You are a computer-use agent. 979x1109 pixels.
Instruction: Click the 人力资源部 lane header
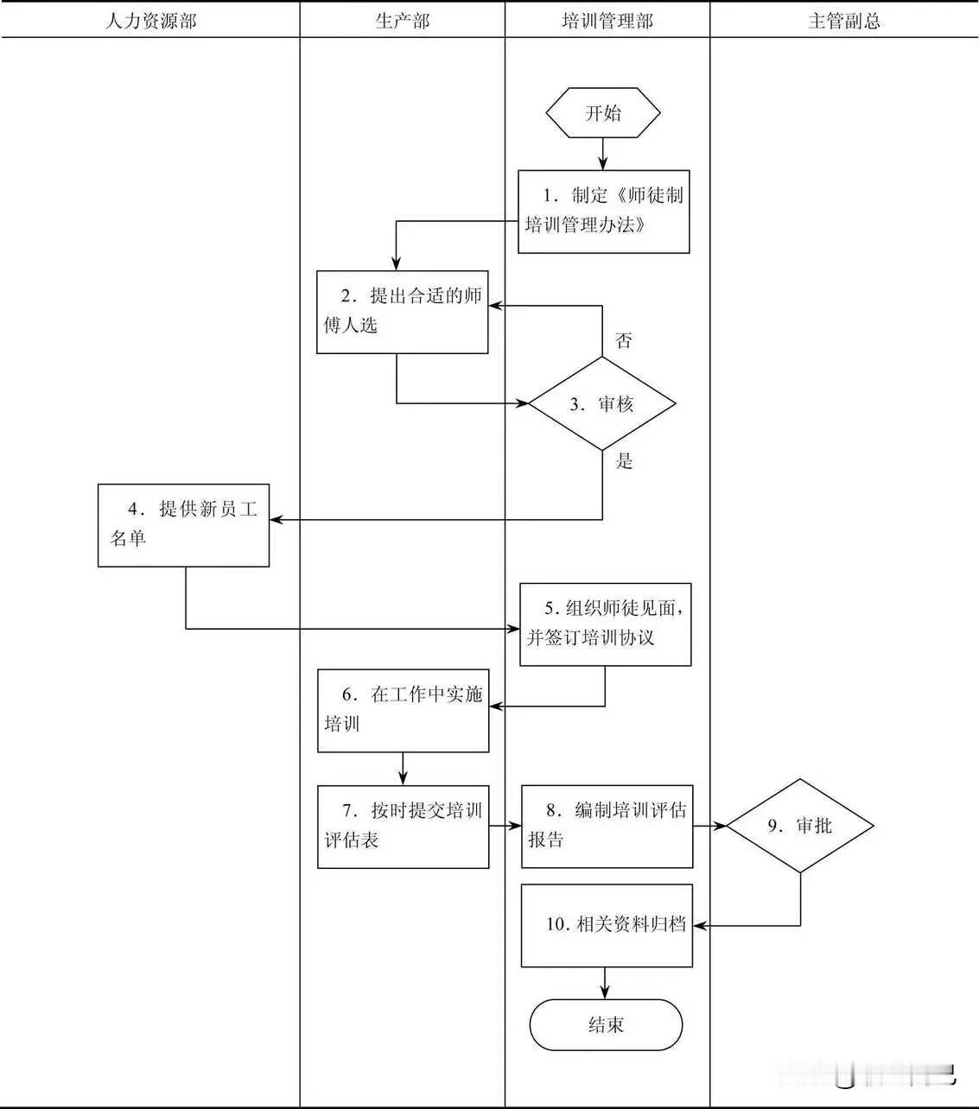[150, 21]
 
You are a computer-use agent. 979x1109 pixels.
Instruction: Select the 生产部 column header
[402, 21]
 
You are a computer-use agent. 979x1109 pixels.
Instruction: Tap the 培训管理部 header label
[607, 21]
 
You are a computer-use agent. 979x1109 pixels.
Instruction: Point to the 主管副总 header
[843, 21]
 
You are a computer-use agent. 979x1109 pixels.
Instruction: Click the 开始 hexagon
[603, 113]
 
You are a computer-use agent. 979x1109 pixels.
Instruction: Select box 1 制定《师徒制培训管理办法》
[603, 211]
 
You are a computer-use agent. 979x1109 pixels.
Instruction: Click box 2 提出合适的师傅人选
[402, 312]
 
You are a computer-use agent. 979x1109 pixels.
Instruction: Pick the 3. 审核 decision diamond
[602, 403]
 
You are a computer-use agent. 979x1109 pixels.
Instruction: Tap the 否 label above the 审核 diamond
[624, 340]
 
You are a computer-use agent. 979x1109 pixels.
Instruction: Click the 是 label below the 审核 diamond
[624, 461]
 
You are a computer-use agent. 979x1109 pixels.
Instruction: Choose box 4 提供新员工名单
[183, 524]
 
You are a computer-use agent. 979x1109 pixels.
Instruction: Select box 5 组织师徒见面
[605, 624]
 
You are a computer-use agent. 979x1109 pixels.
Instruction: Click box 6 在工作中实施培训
[403, 710]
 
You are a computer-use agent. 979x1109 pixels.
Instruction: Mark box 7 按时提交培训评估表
[403, 826]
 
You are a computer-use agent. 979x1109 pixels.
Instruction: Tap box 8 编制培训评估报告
[607, 826]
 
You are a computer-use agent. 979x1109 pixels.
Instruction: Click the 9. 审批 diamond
[800, 826]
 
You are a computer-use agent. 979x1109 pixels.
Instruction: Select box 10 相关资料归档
[607, 924]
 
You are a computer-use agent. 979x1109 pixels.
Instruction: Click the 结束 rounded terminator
[606, 1025]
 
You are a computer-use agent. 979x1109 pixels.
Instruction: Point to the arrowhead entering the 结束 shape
[605, 994]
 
